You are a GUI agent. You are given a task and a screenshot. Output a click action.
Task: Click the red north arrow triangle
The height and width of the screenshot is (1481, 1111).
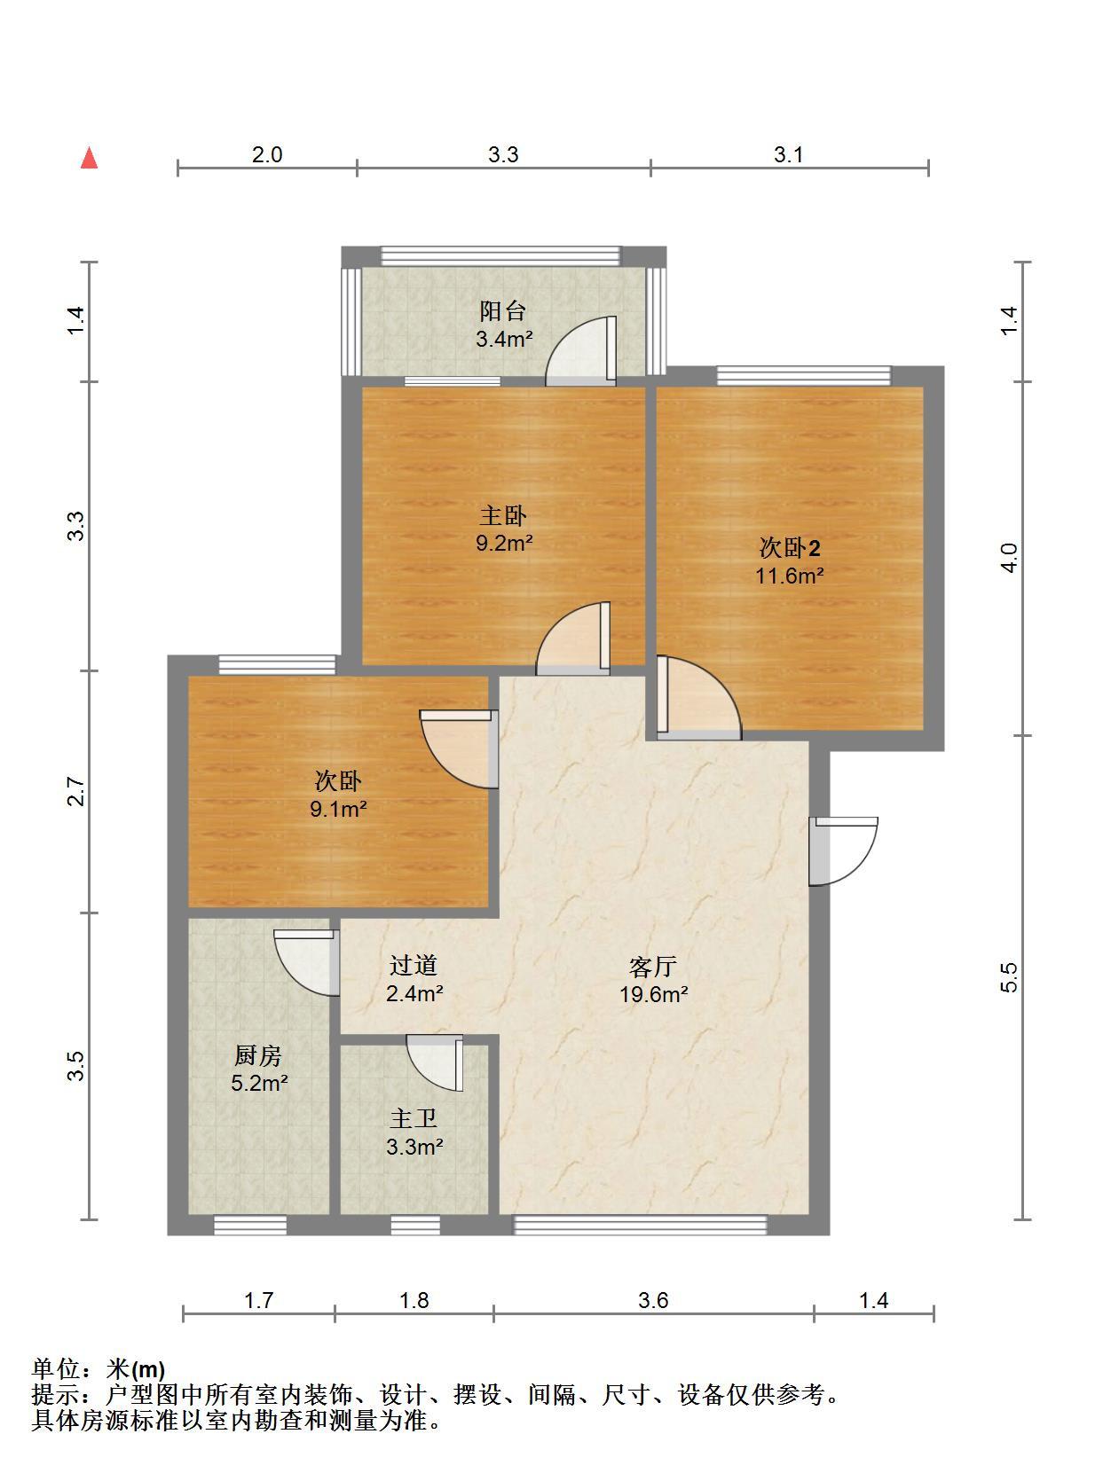point(89,158)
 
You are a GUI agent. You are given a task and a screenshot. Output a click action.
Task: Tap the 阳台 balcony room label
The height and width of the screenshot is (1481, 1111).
point(503,311)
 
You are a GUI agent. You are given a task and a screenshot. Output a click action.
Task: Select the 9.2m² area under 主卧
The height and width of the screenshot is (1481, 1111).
point(504,543)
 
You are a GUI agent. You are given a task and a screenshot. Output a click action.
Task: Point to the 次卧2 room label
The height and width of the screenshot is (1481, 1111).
point(790,548)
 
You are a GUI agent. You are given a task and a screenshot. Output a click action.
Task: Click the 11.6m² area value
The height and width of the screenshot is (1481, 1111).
point(789,576)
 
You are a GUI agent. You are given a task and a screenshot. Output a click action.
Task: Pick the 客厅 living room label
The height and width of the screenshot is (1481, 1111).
point(653,967)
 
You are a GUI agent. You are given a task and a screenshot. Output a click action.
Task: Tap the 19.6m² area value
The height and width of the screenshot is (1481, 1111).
point(653,994)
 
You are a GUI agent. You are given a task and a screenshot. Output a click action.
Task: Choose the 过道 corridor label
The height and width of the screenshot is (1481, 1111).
point(414,966)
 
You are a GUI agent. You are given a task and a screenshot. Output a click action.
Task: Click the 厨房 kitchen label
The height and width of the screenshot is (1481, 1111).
point(258,1055)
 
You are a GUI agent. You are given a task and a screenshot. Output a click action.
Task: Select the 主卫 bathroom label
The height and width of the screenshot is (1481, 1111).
point(414,1119)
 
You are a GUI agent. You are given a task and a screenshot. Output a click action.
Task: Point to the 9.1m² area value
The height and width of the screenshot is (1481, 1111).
point(338,808)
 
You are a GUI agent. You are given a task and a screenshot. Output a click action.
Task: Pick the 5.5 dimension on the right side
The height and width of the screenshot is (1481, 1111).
point(1008,977)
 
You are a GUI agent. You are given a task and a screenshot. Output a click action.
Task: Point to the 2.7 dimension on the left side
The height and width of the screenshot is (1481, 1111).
point(77,792)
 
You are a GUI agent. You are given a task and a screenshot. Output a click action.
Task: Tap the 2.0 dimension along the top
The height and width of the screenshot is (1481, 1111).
point(266,154)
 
